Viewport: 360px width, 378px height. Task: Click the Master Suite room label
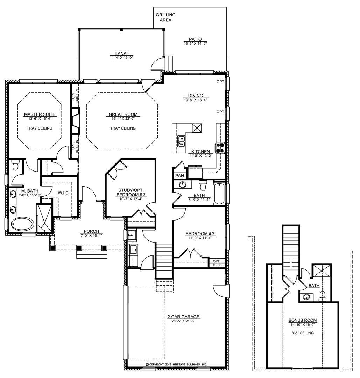(40, 114)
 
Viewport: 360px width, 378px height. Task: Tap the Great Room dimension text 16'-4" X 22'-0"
(123, 119)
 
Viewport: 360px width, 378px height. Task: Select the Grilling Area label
(165, 17)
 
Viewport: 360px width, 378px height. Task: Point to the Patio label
(195, 39)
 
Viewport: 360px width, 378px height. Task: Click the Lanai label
(121, 54)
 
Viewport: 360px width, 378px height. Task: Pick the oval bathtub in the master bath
(23, 224)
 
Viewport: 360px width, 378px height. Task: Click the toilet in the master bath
(15, 164)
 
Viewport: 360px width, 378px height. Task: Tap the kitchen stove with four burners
(220, 148)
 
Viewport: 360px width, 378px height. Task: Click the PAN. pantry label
(180, 176)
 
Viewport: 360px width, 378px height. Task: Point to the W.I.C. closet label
(64, 193)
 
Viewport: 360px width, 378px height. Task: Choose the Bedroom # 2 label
(200, 233)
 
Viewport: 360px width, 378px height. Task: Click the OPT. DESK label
(217, 263)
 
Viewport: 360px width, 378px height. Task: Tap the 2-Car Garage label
(183, 317)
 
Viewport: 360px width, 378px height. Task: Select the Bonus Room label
(303, 320)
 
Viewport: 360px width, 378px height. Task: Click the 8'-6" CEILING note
(303, 333)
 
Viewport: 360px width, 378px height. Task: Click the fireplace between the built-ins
(76, 121)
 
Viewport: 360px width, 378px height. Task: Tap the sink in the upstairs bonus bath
(306, 297)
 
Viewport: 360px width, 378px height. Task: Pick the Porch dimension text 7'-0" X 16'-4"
(91, 235)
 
